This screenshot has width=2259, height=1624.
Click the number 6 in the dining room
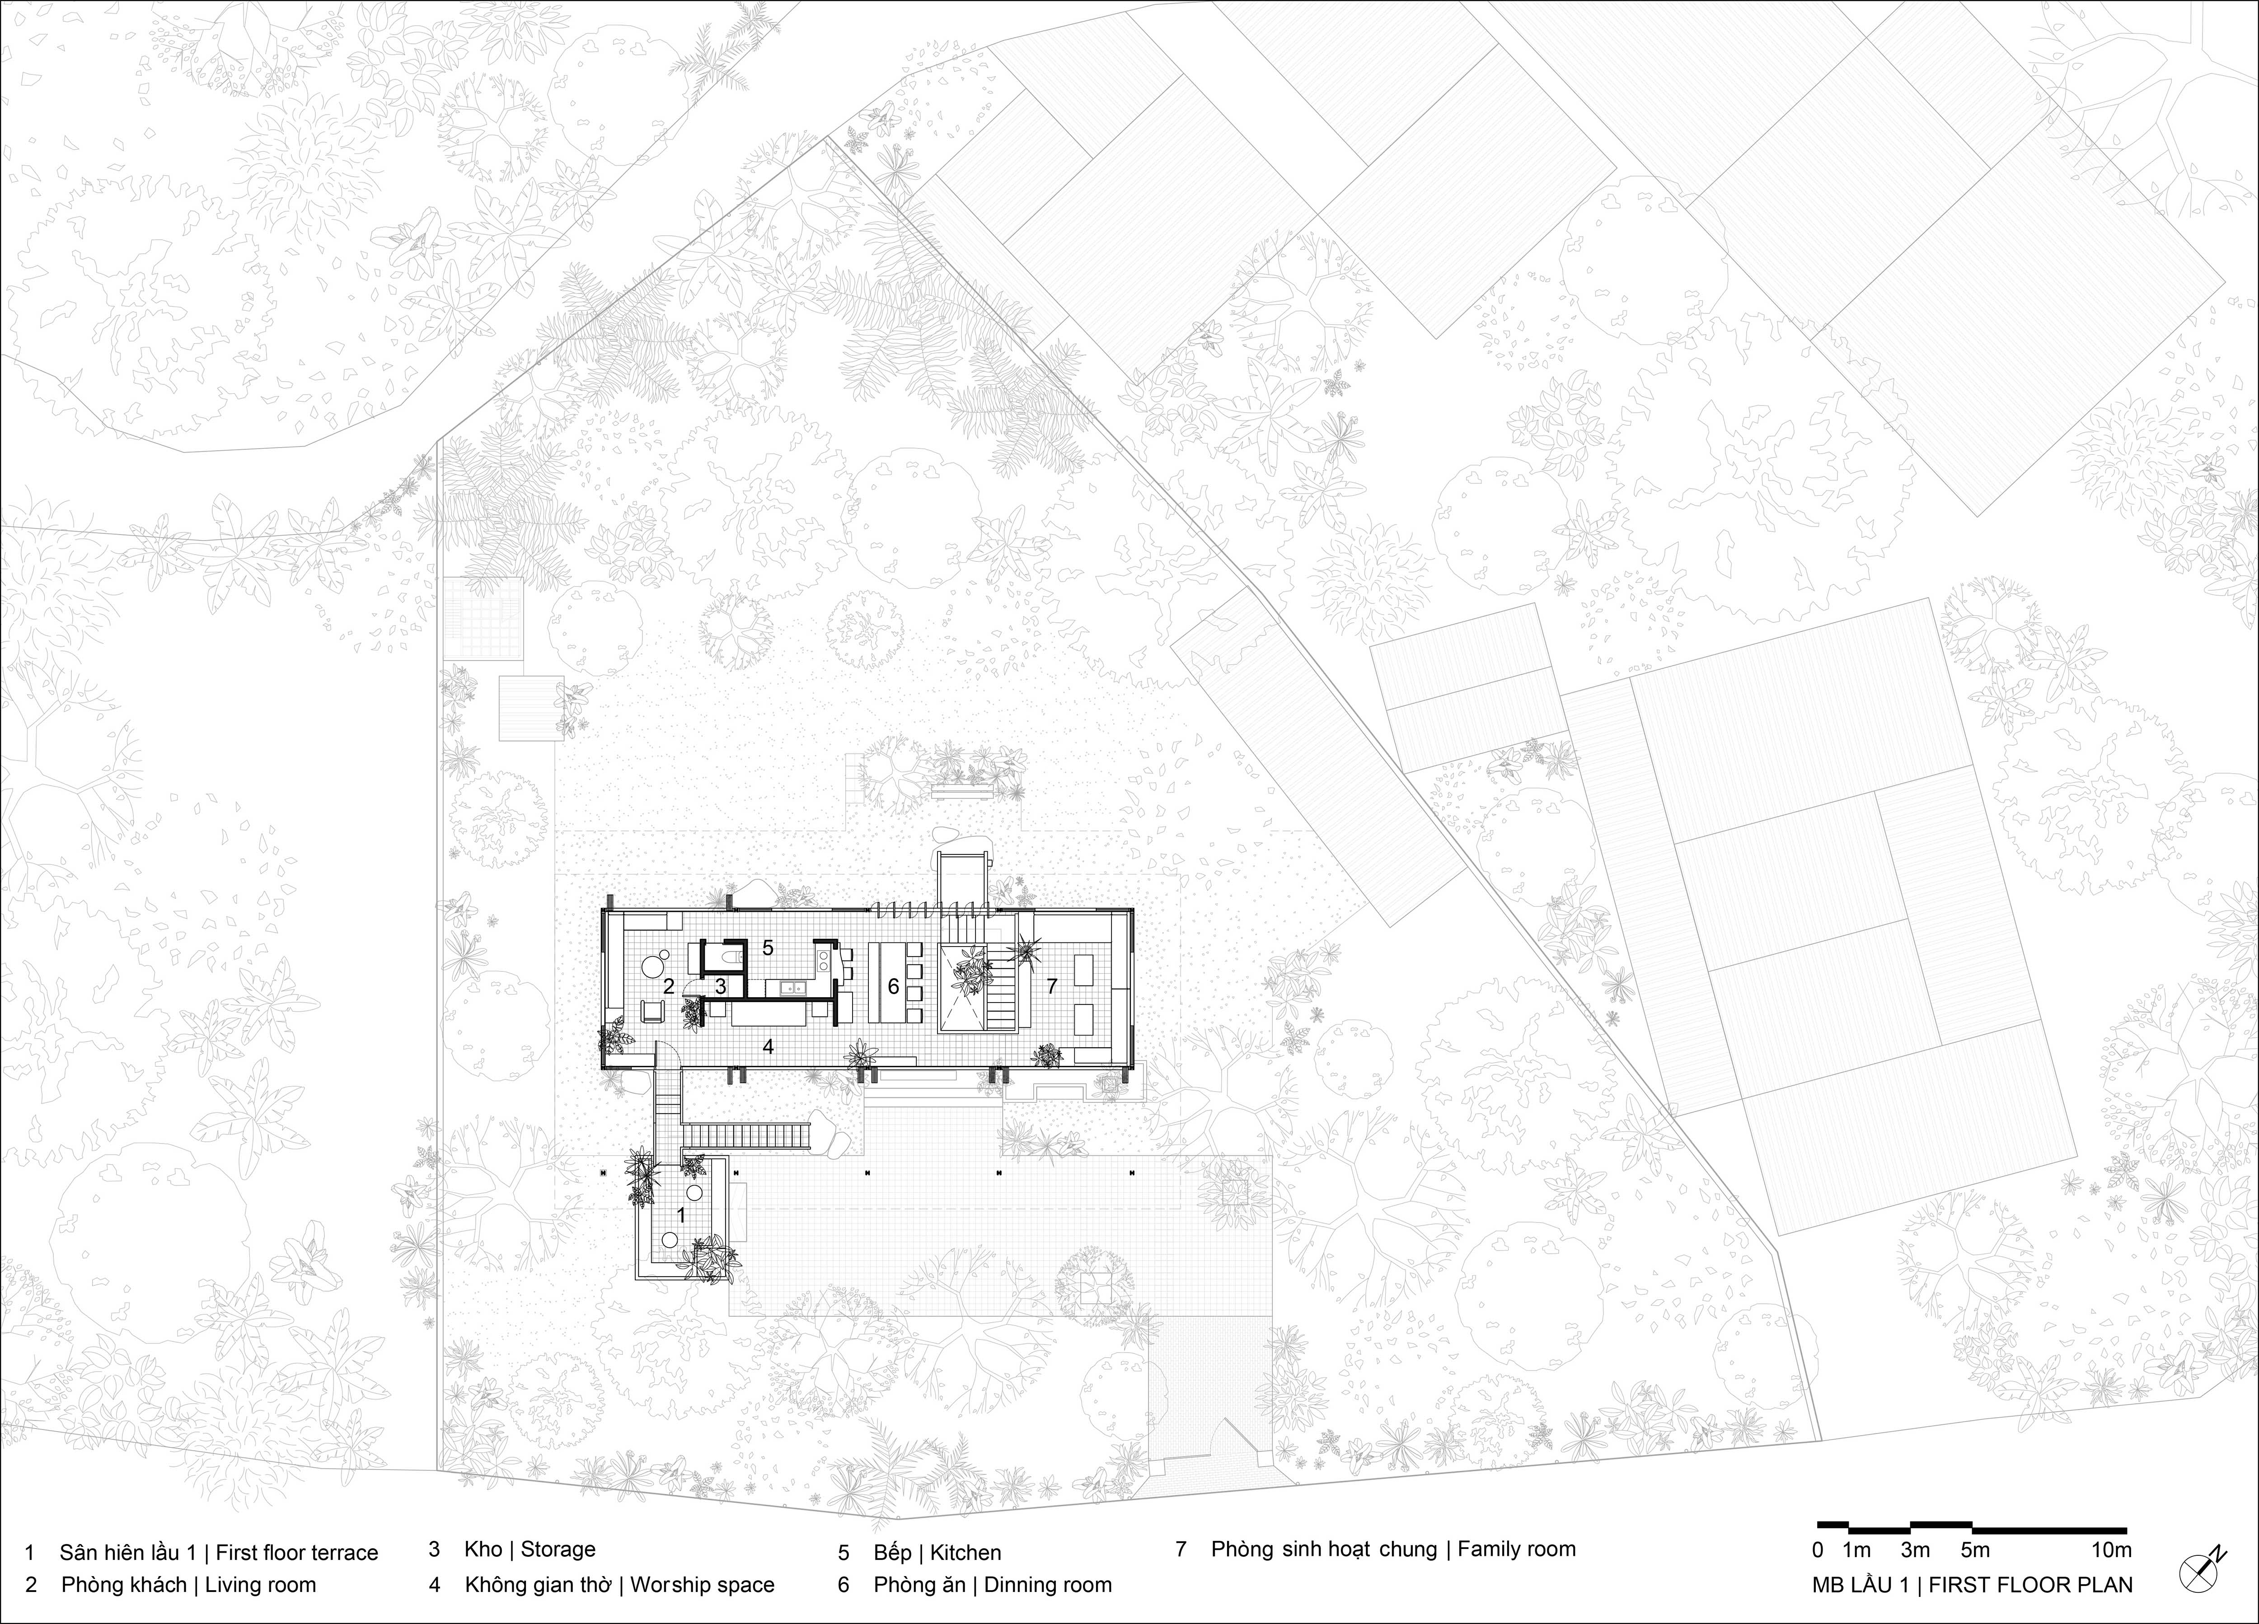coord(894,987)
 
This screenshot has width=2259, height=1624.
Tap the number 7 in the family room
coord(1052,987)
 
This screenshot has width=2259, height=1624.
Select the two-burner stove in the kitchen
coord(826,960)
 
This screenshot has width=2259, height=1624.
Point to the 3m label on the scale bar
coord(1914,1549)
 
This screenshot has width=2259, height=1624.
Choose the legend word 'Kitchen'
coord(966,1552)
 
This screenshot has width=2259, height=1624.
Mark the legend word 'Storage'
coord(558,1549)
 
